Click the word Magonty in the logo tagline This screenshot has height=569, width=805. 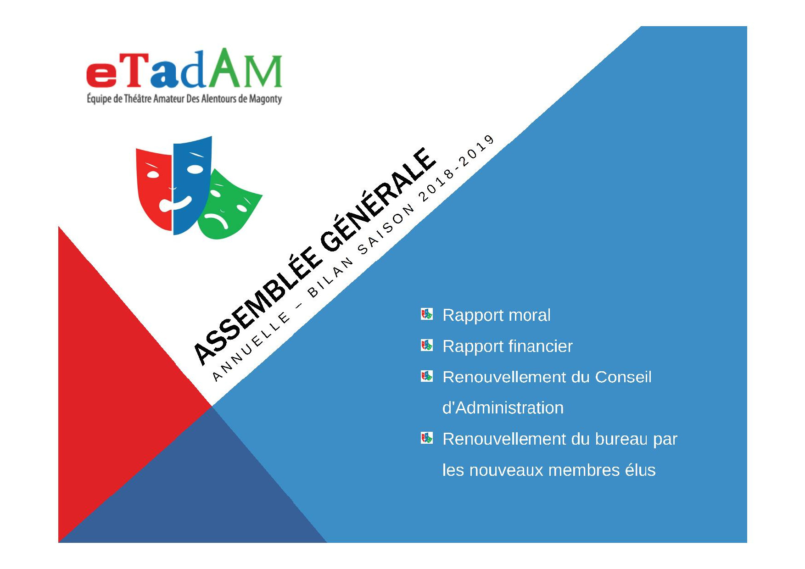pos(265,99)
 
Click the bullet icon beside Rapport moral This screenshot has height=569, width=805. pos(427,314)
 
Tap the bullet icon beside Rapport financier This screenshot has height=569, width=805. pos(427,345)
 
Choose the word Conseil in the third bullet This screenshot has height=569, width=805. pos(623,377)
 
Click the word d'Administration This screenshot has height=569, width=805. pos(503,407)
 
